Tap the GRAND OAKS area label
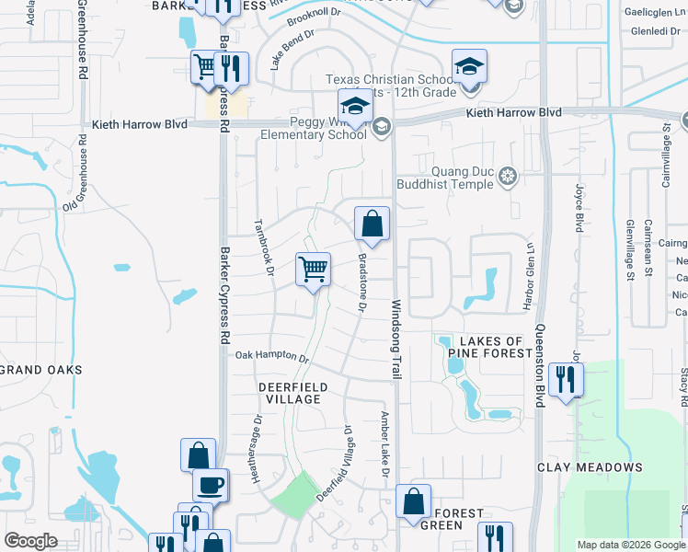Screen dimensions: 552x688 [40, 370]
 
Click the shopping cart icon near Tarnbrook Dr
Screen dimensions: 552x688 [313, 270]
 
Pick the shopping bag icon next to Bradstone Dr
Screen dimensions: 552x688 [372, 224]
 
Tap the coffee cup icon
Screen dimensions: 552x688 [211, 484]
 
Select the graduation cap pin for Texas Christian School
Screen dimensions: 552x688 [469, 67]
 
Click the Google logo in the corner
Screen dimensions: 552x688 [31, 541]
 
